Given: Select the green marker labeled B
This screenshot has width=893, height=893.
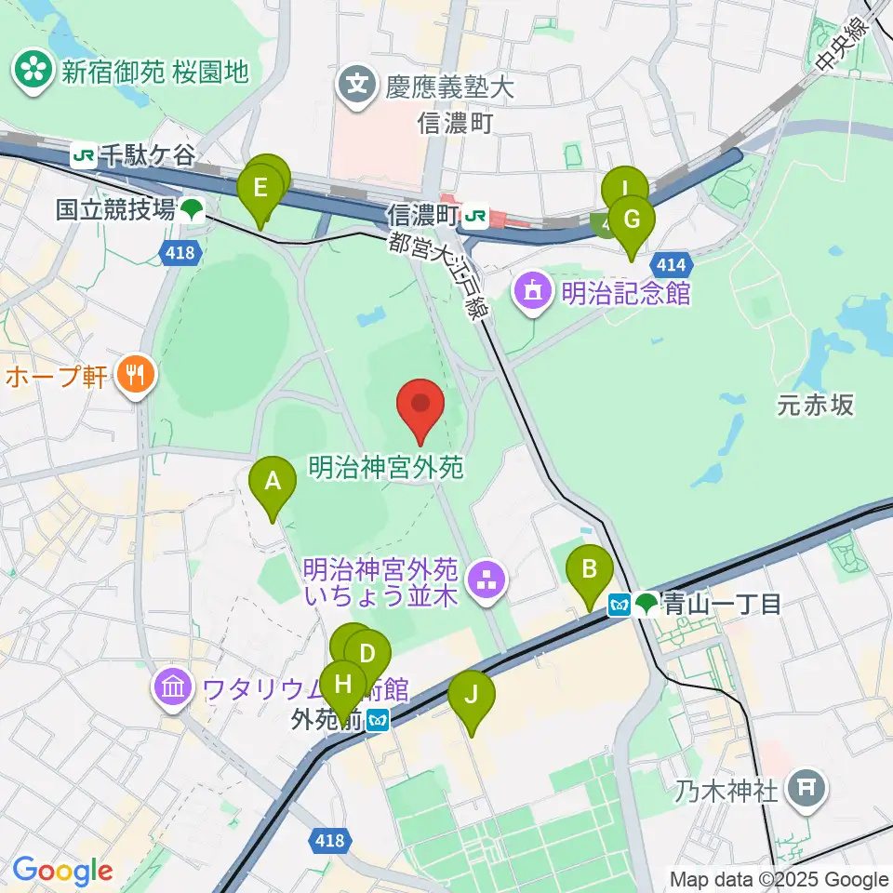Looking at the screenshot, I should pyautogui.click(x=590, y=569).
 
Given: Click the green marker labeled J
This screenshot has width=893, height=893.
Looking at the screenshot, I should pyautogui.click(x=472, y=695).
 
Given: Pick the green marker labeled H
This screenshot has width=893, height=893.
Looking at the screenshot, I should pyautogui.click(x=343, y=685).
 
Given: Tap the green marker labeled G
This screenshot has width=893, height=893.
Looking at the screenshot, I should pyautogui.click(x=632, y=220).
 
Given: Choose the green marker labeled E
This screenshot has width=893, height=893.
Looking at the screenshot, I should pyautogui.click(x=260, y=190).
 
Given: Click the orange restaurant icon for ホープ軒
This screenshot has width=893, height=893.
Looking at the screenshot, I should pyautogui.click(x=137, y=376).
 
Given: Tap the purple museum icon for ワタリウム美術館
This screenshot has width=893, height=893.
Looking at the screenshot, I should pyautogui.click(x=174, y=690).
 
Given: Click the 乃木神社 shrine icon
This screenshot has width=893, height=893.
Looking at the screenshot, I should pyautogui.click(x=805, y=792).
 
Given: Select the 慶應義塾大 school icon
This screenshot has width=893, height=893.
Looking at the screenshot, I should pyautogui.click(x=356, y=87).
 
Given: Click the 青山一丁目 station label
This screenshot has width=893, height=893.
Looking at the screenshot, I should pyautogui.click(x=721, y=605).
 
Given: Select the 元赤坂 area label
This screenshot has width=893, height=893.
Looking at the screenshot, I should pyautogui.click(x=815, y=406).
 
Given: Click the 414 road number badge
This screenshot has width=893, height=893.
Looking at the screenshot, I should pyautogui.click(x=669, y=264).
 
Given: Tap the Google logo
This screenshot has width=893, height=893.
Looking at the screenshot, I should pyautogui.click(x=62, y=870).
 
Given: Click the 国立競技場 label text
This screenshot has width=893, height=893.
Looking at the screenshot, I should pyautogui.click(x=115, y=209).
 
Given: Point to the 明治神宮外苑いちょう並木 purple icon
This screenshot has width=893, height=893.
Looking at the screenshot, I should pyautogui.click(x=486, y=582).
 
